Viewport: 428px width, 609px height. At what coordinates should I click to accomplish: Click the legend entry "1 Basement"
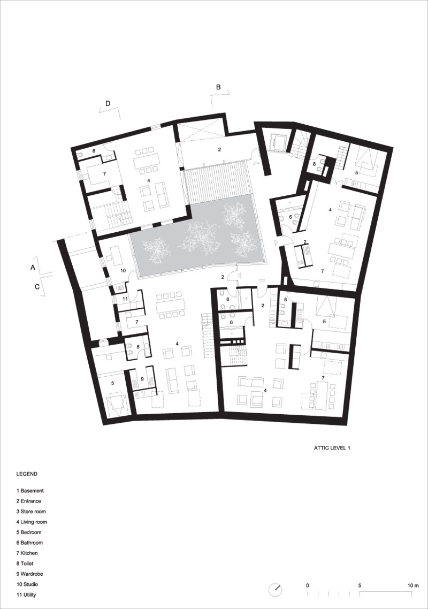[x=30, y=491]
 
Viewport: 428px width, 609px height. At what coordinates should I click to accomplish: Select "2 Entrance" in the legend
[x=28, y=501]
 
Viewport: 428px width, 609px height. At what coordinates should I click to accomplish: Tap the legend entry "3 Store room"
[x=31, y=512]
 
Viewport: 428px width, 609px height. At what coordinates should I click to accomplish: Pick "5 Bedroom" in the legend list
[x=29, y=532]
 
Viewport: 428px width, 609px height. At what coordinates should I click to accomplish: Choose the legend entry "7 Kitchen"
[x=27, y=553]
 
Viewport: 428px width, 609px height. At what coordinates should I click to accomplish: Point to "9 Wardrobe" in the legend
[x=29, y=574]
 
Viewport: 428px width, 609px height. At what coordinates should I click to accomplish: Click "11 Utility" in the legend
[x=26, y=595]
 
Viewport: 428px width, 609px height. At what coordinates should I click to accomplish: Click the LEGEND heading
[x=27, y=474]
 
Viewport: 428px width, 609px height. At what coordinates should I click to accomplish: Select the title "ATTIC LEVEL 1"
[x=332, y=448]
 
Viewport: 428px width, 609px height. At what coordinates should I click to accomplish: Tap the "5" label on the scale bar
[x=360, y=585]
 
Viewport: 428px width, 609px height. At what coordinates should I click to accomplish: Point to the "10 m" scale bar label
[x=413, y=585]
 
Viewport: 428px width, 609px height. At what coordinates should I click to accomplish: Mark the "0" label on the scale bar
[x=308, y=585]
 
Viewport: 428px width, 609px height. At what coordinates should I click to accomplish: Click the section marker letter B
[x=218, y=87]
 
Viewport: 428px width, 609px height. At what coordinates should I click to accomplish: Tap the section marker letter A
[x=33, y=268]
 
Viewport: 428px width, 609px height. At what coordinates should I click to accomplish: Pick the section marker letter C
[x=37, y=287]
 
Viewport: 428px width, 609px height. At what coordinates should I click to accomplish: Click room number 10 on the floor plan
[x=123, y=271]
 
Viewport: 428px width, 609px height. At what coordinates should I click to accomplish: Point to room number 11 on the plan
[x=125, y=299]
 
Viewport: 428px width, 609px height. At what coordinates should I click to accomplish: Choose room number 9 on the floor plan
[x=142, y=379]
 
